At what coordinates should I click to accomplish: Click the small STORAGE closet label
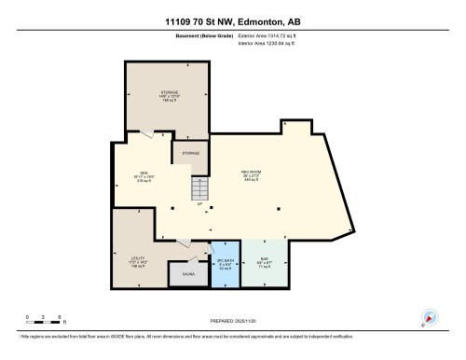[x=190, y=152]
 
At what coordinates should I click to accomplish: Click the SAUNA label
[x=189, y=274]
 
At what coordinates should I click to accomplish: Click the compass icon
[x=430, y=317]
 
